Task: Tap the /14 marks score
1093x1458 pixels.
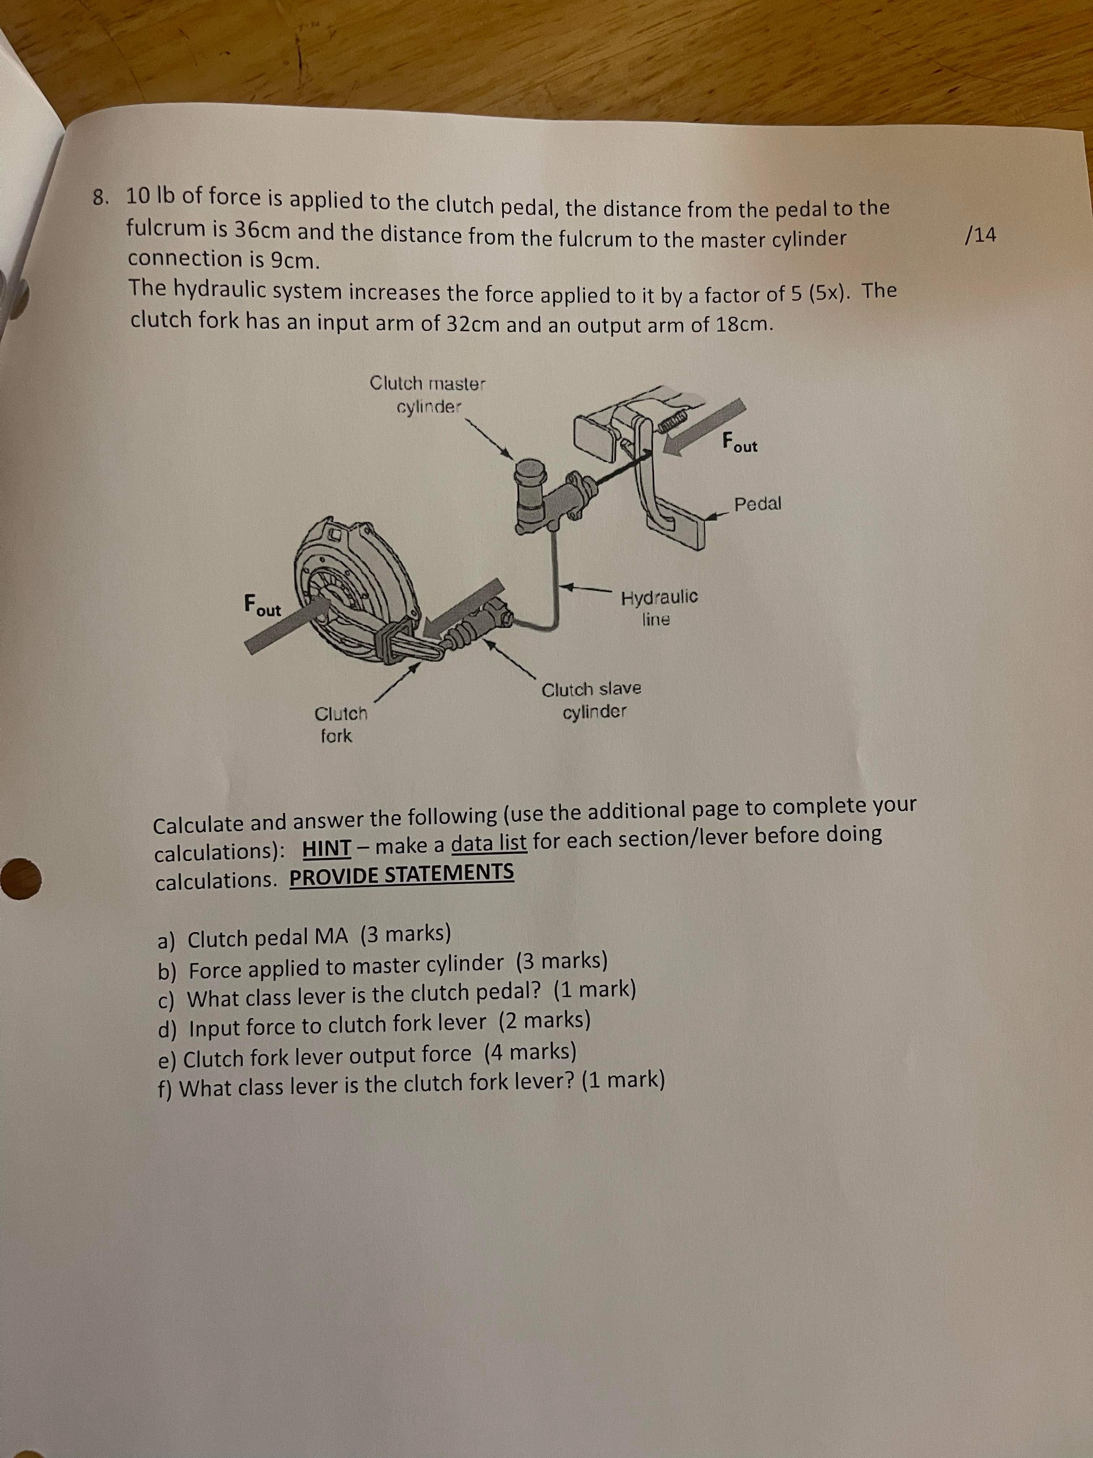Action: click(980, 235)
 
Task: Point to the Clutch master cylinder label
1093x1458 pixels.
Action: click(428, 394)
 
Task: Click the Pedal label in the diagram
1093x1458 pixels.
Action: click(758, 504)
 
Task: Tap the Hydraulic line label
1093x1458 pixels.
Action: click(659, 608)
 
